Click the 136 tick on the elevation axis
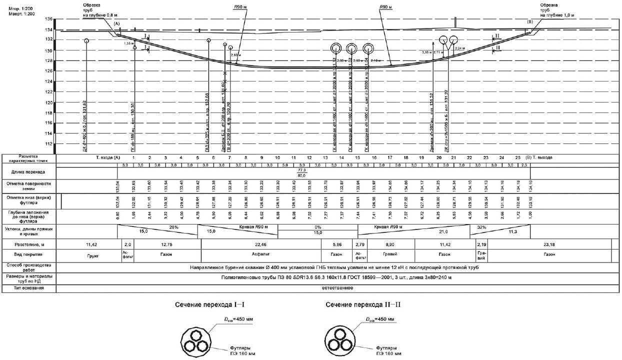coord(48,19)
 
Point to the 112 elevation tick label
coord(48,144)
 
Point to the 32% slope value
coord(482,226)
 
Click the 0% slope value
coord(318,226)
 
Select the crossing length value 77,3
coord(301,171)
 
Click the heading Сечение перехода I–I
coord(204,304)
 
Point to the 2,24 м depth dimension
coord(461,48)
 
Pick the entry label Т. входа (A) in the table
coord(108,157)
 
